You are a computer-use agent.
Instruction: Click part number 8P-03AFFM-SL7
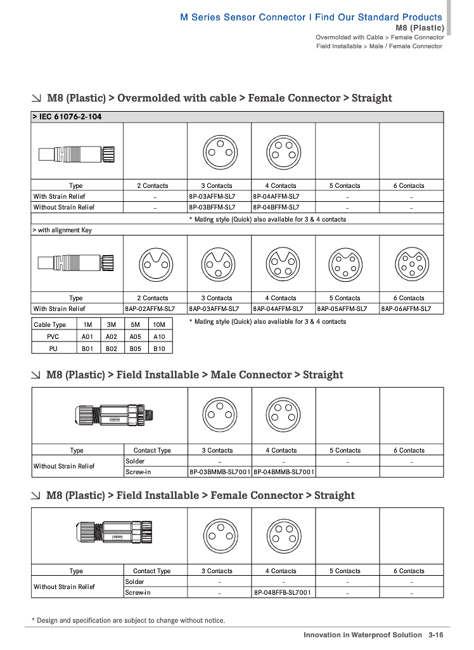coord(212,196)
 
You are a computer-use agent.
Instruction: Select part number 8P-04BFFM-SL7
coord(276,207)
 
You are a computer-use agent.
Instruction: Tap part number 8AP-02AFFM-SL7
coord(150,308)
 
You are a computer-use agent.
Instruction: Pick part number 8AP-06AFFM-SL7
coord(406,308)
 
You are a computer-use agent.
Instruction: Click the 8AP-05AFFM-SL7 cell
coord(342,308)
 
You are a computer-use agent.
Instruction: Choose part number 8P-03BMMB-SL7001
coord(220,472)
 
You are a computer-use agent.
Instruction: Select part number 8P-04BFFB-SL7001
coord(283,592)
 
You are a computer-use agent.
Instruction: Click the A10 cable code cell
coord(159,336)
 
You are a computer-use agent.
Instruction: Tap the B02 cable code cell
coord(112,348)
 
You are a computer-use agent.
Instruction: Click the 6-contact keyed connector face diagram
coord(411,263)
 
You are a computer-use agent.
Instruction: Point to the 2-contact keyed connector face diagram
coord(155,263)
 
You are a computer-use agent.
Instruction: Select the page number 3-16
coord(435,635)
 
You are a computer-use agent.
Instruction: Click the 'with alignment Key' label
coord(62,230)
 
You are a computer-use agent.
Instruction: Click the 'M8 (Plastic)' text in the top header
coord(419,28)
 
